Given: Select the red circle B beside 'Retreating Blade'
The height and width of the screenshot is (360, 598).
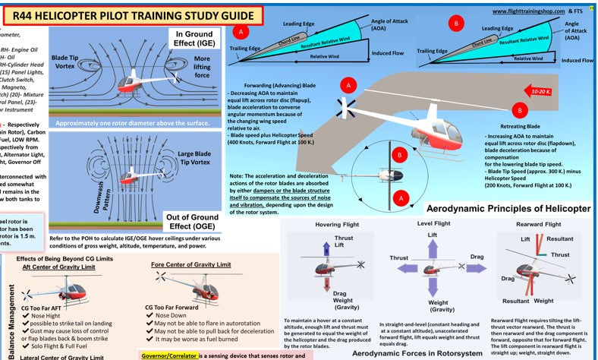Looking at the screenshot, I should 521,112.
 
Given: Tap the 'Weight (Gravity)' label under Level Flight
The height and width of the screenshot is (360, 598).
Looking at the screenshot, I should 433,305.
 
